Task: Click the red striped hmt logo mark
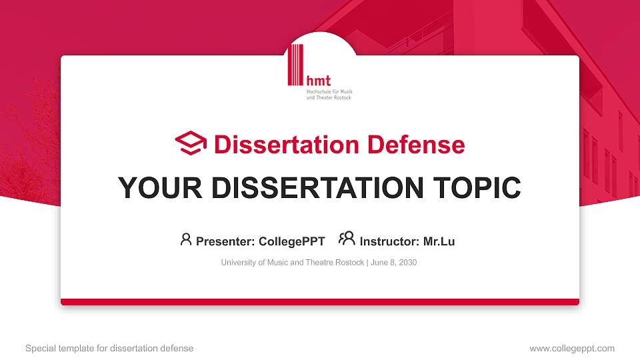coord(295,65)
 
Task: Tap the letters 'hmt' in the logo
coord(318,80)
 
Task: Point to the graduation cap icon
coord(191,143)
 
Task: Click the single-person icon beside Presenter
coord(186,239)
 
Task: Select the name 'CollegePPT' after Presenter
coord(293,241)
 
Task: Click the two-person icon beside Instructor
coord(347,239)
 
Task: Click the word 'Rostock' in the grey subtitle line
coord(350,263)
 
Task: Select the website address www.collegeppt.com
coord(572,348)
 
